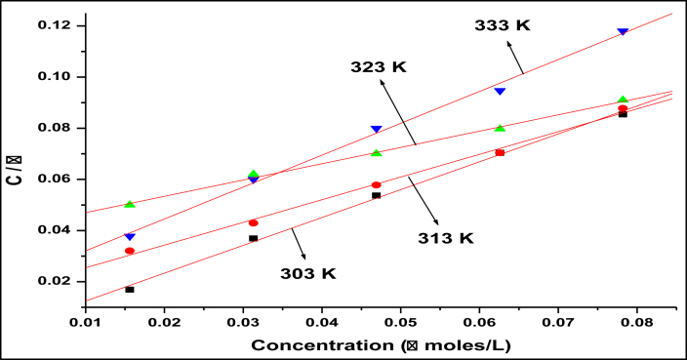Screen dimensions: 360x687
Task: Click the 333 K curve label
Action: pos(503,25)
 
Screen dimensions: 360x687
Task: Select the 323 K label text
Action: pos(378,67)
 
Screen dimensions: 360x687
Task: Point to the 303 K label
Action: pos(309,274)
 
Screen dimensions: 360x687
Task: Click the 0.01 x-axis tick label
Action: pos(86,320)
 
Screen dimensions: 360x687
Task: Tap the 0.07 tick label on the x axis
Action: pos(557,320)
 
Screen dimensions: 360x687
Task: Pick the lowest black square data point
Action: pos(130,290)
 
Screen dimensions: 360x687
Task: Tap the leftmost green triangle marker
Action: pos(130,204)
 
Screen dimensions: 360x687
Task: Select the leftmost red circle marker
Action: pos(130,251)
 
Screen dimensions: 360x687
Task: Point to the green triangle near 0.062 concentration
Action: pos(500,128)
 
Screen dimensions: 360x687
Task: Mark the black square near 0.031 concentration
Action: pos(254,238)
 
